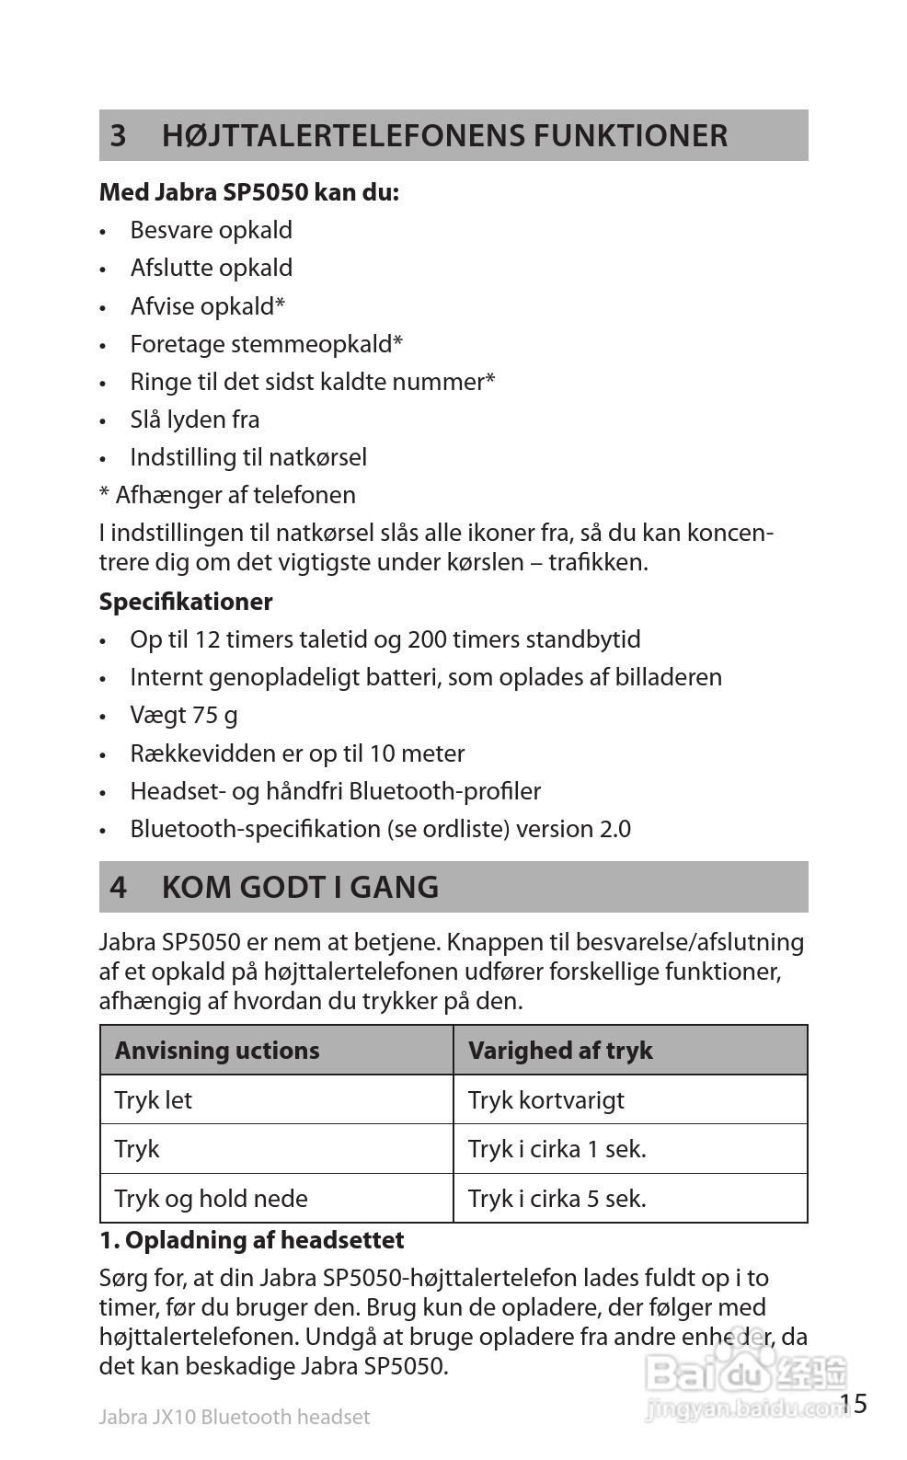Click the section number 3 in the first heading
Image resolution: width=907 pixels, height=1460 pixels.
(x=118, y=136)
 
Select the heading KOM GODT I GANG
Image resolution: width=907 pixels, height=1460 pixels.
(x=300, y=887)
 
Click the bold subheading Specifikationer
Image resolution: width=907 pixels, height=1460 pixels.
(x=186, y=602)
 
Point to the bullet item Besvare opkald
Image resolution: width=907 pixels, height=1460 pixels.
(x=211, y=230)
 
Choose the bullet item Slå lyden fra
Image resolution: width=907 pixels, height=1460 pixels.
(x=195, y=420)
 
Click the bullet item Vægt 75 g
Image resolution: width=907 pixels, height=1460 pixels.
(x=184, y=715)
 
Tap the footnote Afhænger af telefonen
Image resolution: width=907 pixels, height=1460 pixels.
(x=235, y=495)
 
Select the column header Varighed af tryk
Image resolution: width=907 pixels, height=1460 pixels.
(x=560, y=1051)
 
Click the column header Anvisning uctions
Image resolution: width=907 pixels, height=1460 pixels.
(x=217, y=1051)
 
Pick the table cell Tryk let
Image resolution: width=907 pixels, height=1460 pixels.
(x=154, y=1100)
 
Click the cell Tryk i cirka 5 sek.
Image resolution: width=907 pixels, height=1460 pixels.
(x=557, y=1199)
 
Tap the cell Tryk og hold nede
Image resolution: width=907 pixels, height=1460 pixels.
(x=211, y=1199)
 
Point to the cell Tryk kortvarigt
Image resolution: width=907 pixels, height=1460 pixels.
(x=545, y=1100)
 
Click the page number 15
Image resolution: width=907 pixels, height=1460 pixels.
(x=853, y=1404)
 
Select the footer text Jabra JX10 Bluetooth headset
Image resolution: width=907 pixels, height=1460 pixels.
(x=234, y=1418)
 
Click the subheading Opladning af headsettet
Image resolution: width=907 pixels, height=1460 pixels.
(x=251, y=1240)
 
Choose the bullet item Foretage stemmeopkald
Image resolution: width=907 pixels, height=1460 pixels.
(x=266, y=344)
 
